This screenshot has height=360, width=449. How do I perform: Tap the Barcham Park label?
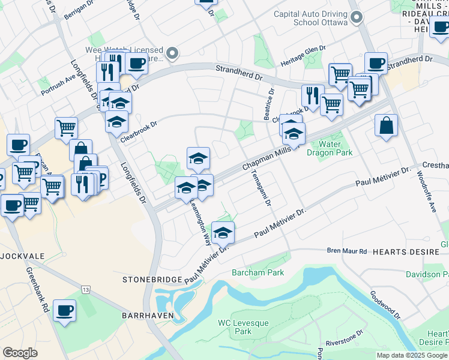pos(258,272)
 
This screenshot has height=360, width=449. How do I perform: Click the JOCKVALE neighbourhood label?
pos(22,256)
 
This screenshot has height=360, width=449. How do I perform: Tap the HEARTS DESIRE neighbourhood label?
pos(402,253)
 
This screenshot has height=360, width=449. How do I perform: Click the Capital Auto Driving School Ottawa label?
pos(310,18)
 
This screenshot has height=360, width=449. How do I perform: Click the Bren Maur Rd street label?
pos(346,251)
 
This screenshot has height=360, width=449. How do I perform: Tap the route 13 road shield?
pos(87,290)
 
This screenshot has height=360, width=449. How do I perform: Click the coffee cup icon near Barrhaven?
pos(64,310)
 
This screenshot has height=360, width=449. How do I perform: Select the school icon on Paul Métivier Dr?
pos(223,232)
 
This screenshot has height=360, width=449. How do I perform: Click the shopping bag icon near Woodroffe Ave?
pos(387,125)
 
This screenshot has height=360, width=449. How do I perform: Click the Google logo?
pos(20,353)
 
